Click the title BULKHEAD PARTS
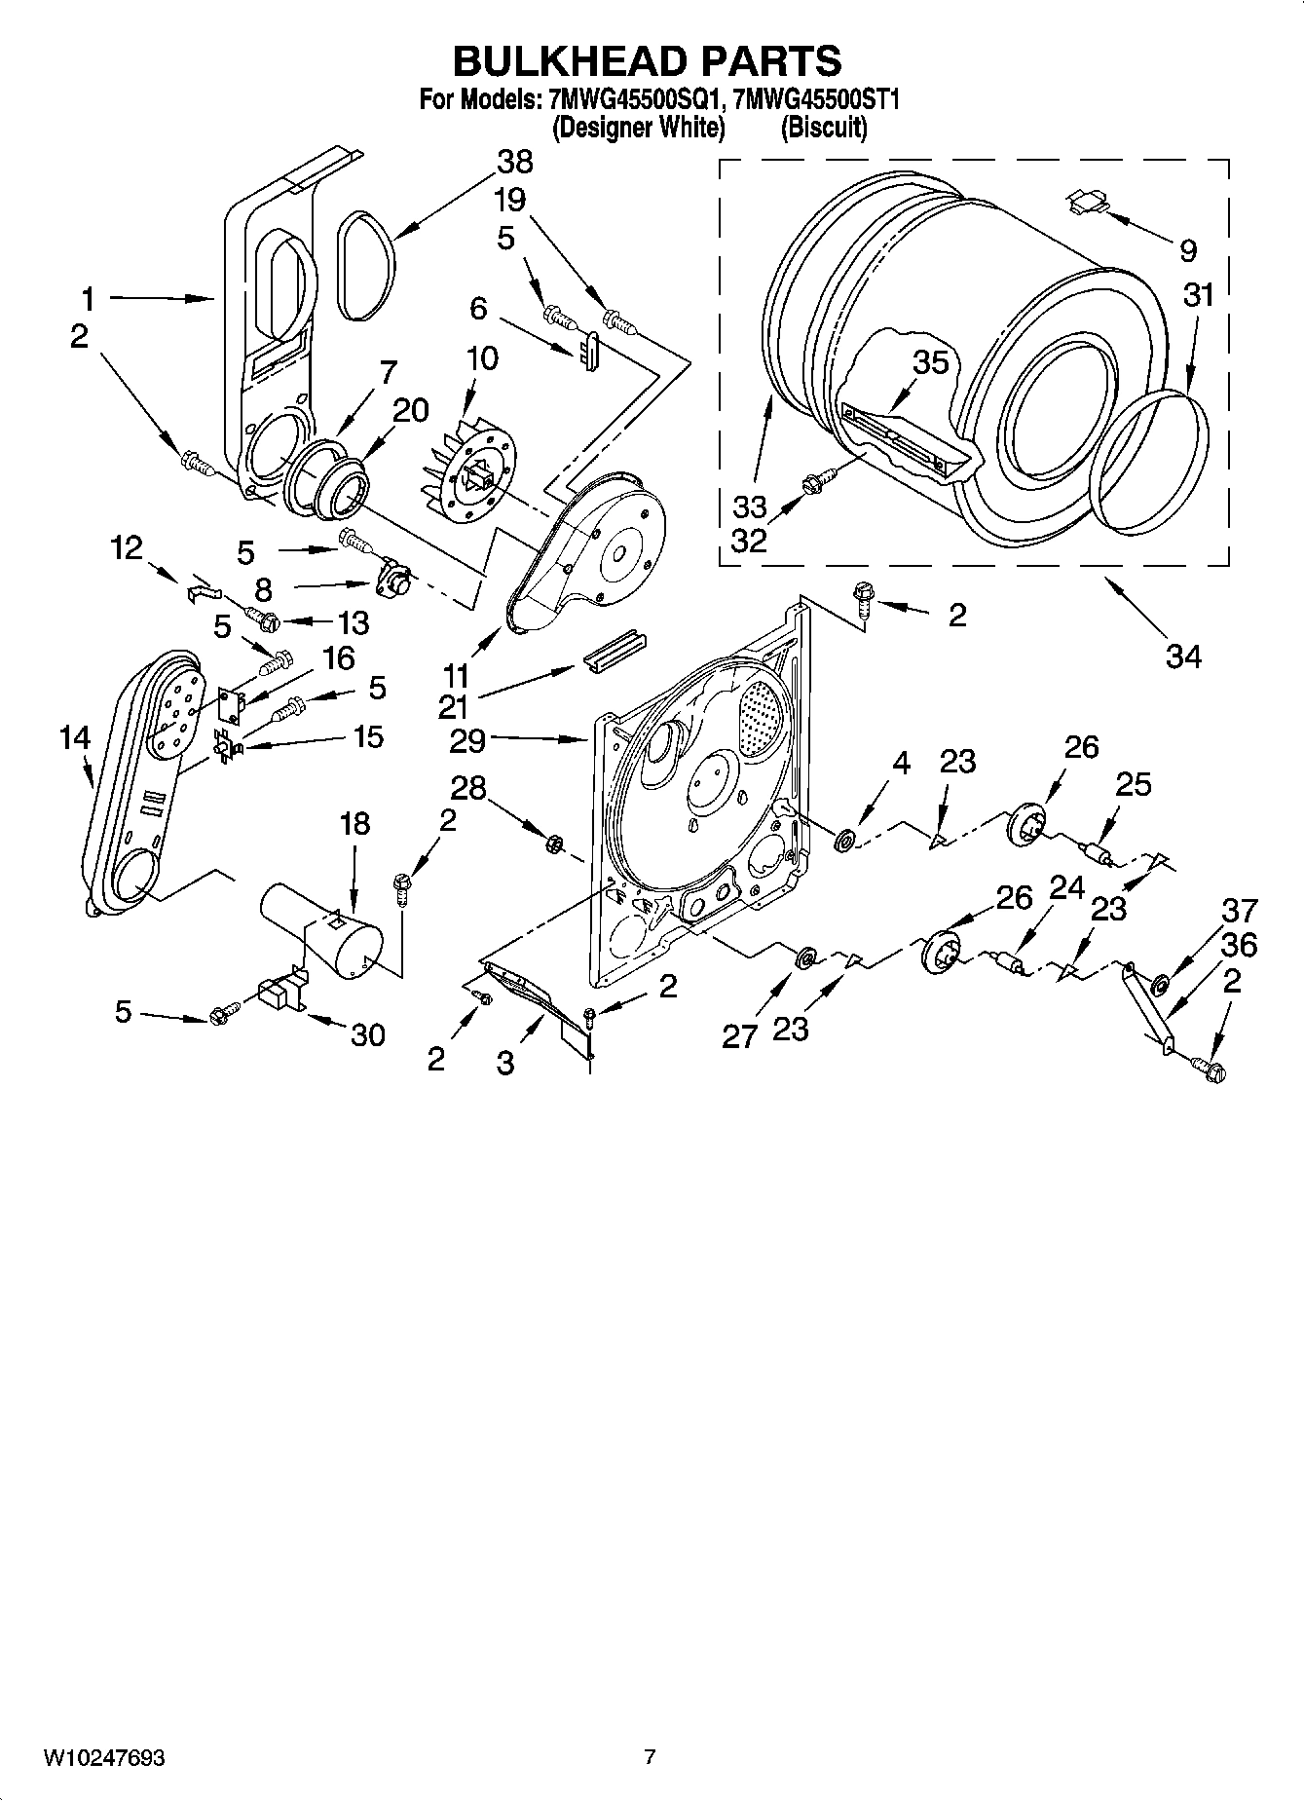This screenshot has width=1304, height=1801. tap(647, 60)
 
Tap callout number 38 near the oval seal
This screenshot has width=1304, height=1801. tap(515, 162)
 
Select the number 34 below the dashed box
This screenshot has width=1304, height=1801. tap(1182, 657)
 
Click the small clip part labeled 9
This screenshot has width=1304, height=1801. tap(1088, 202)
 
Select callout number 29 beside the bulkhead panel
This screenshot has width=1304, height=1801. tap(467, 741)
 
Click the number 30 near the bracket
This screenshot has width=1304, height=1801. tap(368, 1034)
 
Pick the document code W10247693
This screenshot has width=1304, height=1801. tap(103, 1758)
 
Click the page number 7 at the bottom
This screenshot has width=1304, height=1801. tap(650, 1757)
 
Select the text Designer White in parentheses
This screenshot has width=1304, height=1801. tap(639, 128)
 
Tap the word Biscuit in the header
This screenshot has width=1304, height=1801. tap(824, 128)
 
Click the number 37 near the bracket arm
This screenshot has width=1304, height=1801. tap(1240, 912)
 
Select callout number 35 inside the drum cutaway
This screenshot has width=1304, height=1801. tap(930, 362)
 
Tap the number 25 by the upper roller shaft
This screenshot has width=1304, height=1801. tap(1134, 783)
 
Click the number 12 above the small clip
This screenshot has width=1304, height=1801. tap(128, 548)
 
